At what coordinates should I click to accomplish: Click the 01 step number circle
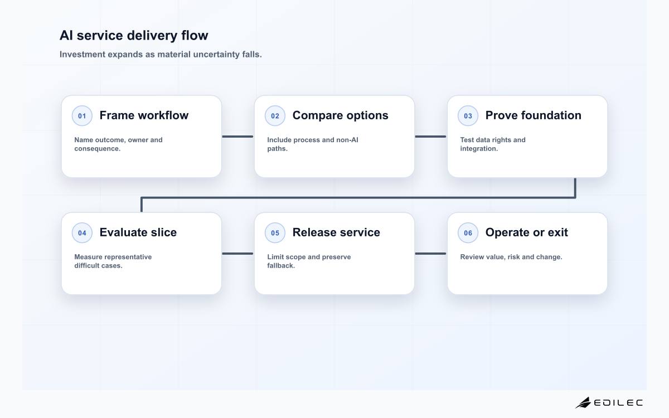coord(82,116)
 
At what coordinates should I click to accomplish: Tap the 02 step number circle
coord(275,116)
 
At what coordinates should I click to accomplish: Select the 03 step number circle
coord(468,116)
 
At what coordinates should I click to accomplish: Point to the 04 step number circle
coord(82,233)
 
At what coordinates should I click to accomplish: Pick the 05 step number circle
coord(275,233)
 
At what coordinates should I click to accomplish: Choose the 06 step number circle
coord(468,233)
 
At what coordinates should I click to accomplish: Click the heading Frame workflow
coord(144,115)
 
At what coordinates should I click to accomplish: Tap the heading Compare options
coord(341,115)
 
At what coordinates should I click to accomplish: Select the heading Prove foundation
coord(534,115)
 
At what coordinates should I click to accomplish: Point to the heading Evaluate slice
coord(138,232)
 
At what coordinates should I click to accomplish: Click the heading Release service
coord(336,232)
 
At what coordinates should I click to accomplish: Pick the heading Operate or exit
coord(526,232)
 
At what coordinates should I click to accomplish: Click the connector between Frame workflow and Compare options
coord(237,137)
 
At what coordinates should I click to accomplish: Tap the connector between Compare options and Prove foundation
coord(430,137)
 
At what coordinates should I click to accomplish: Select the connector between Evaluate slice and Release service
coord(237,254)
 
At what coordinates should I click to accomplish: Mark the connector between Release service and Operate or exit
coord(430,254)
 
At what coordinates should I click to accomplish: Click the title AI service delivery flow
coord(134,36)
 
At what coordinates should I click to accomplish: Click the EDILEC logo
coord(609,403)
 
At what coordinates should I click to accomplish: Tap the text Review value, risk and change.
coord(511,257)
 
